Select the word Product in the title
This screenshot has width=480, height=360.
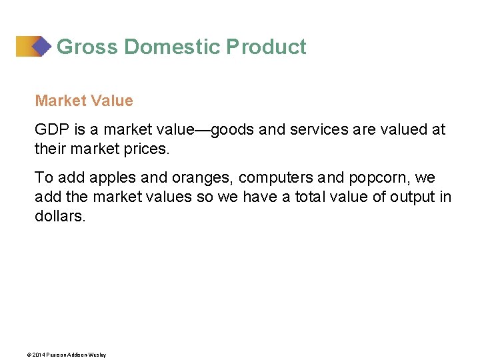(x=267, y=47)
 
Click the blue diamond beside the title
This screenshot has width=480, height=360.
(x=41, y=46)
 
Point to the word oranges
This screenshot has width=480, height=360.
(x=203, y=178)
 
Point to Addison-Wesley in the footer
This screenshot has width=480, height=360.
(x=91, y=355)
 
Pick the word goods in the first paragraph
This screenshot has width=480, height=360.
(x=233, y=129)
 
